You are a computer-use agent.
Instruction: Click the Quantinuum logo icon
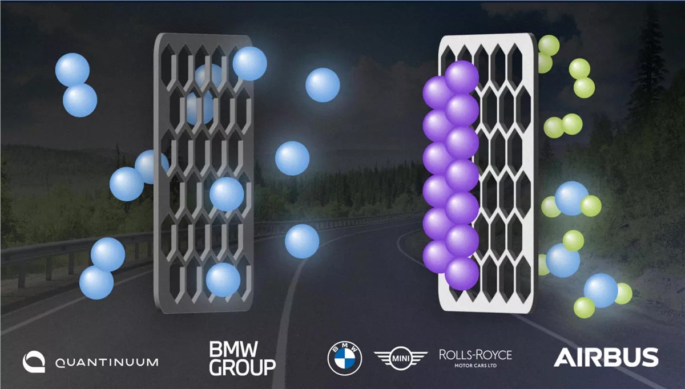[x=34, y=362]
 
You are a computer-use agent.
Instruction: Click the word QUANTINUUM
[x=107, y=362]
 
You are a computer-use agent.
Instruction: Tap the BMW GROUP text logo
[x=242, y=358]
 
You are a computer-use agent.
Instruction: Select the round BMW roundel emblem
[x=345, y=358]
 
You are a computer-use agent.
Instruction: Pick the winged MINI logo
[x=400, y=358]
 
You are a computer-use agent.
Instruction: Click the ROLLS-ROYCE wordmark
[x=476, y=355]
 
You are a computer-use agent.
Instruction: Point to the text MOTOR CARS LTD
[x=476, y=366]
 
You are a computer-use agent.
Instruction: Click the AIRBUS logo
[x=606, y=357]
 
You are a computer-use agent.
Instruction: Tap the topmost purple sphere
[x=462, y=77]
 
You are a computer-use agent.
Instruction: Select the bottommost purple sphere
[x=462, y=273]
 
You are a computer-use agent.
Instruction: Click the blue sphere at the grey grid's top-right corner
[x=249, y=63]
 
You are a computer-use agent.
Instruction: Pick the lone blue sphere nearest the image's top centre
[x=323, y=85]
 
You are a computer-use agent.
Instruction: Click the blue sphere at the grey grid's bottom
[x=223, y=280]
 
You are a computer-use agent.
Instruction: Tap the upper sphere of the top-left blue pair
[x=72, y=70]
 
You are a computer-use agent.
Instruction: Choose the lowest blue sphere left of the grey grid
[x=96, y=282]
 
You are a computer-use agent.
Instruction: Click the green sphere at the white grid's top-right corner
[x=549, y=45]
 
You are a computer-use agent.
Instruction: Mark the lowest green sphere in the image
[x=584, y=307]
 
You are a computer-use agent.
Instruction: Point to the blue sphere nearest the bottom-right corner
[x=601, y=290]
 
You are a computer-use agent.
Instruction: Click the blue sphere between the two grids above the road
[x=302, y=241]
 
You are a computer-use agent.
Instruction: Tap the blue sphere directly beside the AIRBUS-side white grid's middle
[x=571, y=198]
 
